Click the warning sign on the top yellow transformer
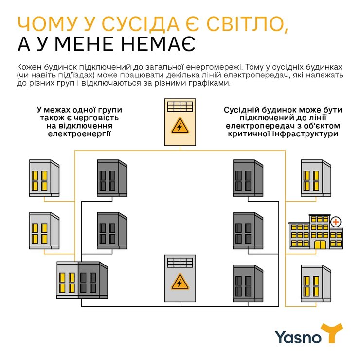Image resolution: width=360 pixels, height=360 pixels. tap(180, 127)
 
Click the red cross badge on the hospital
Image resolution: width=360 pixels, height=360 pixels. tap(335, 222)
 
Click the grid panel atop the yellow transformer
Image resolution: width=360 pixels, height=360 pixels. tap(180, 107)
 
